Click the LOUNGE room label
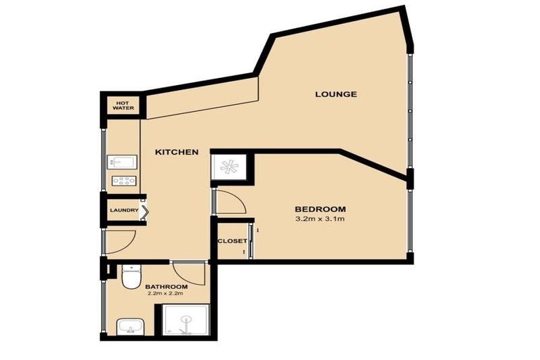tap(335, 94)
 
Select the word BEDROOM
tap(320, 209)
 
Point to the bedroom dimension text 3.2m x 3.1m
tap(320, 219)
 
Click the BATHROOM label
tap(166, 287)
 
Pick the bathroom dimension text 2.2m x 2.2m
tap(166, 295)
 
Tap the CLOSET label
tap(231, 241)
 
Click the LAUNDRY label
tap(123, 210)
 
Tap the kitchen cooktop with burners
tap(123, 181)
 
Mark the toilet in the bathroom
tap(130, 278)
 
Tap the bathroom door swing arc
tap(187, 271)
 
